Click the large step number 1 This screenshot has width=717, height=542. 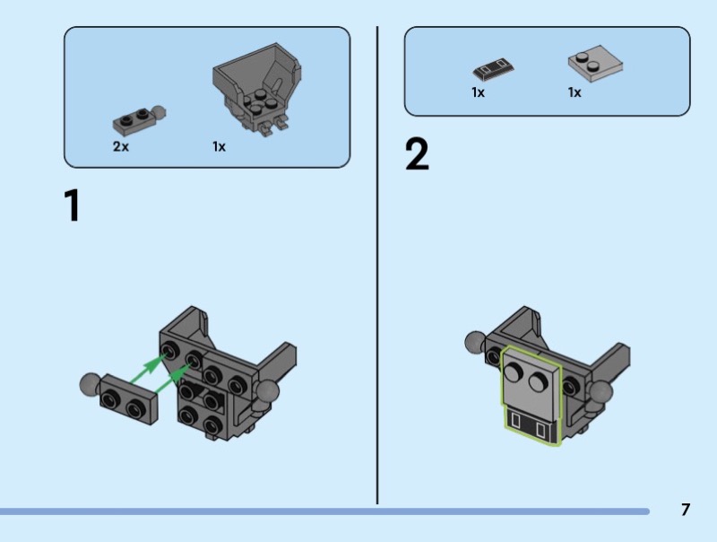(73, 205)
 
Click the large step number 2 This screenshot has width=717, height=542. (417, 154)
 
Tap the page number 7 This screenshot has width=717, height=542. (685, 510)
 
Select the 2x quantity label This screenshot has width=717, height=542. (121, 146)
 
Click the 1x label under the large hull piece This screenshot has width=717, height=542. (219, 146)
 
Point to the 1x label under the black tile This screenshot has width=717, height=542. (478, 92)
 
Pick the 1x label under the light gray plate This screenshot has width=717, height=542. (574, 92)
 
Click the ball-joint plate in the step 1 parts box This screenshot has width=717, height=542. (139, 120)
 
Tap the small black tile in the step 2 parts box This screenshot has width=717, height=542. (493, 69)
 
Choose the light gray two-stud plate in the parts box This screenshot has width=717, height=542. (595, 63)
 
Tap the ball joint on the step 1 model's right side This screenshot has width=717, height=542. (266, 390)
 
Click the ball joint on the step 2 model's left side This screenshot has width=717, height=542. (476, 342)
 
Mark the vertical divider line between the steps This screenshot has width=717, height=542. (377, 265)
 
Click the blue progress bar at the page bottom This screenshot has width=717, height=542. (324, 511)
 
